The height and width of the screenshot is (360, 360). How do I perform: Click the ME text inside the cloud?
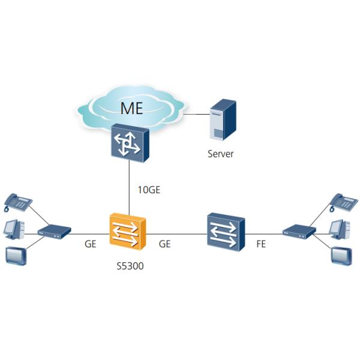point(132,108)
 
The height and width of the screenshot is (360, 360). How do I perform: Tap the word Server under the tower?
point(220,154)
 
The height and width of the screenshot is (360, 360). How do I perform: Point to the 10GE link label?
point(149,190)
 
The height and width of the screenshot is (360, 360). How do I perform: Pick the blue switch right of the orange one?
point(224,230)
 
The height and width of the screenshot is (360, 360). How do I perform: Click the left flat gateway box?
point(55,231)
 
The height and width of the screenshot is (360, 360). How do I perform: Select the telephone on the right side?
point(344,203)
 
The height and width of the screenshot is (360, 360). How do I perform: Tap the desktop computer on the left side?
point(14,229)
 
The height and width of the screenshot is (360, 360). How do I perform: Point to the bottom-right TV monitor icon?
point(341,255)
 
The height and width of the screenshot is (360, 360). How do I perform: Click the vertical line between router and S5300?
point(130,186)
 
